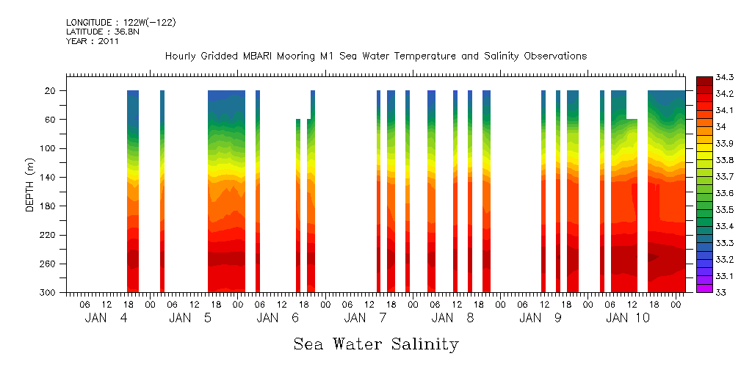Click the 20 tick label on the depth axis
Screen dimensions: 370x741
point(51,91)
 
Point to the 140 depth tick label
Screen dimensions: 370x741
point(48,178)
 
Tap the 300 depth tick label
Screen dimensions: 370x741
point(48,293)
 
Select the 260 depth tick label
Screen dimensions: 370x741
point(48,264)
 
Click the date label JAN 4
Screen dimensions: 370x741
point(106,318)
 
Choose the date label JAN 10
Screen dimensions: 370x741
point(627,318)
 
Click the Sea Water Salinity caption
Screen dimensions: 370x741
point(376,344)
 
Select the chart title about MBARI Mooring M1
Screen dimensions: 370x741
point(376,57)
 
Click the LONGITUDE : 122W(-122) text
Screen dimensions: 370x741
point(120,23)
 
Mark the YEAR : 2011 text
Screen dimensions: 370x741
point(92,42)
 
